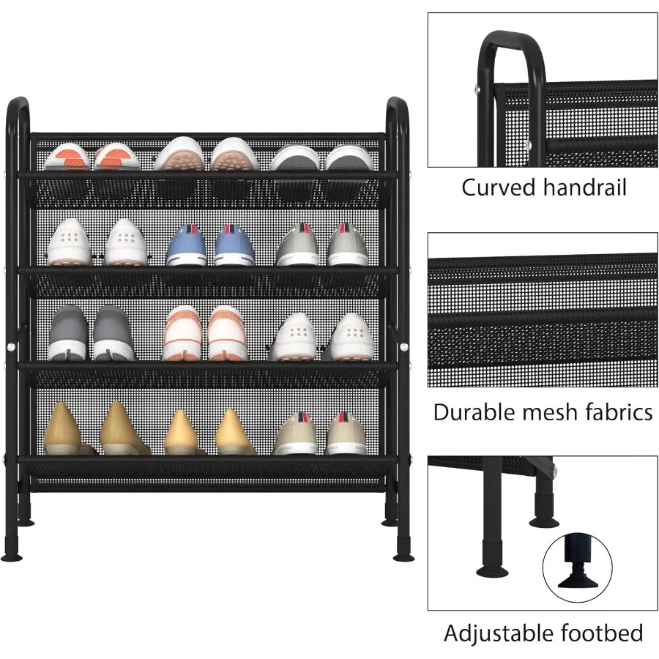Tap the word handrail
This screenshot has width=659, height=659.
click(585, 187)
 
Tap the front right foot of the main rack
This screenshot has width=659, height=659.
click(403, 556)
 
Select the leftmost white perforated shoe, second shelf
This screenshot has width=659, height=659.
click(67, 242)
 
